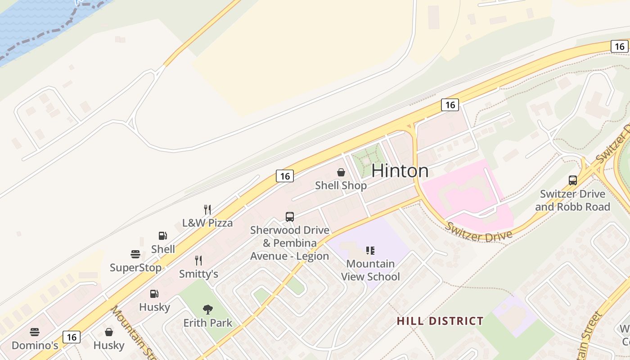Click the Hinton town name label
coord(400,171)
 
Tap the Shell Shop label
coord(341,185)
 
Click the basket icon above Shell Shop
coord(341,172)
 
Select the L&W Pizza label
coord(207,223)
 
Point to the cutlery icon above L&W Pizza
coord(207,210)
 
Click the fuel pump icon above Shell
coord(163,236)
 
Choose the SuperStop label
coord(135,268)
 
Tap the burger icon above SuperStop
coord(135,254)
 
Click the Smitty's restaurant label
coord(198,274)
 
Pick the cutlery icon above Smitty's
coord(198,261)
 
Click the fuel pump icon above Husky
coord(154,294)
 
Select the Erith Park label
coord(208,323)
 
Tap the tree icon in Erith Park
coord(208,310)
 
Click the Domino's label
coord(35,345)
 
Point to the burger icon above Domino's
coord(35,333)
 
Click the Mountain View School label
coord(370,270)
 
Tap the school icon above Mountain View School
coord(370,251)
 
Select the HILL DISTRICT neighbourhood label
coord(440,321)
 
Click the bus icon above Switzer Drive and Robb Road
coord(573,180)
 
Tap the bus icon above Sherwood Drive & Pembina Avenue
coord(290,217)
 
